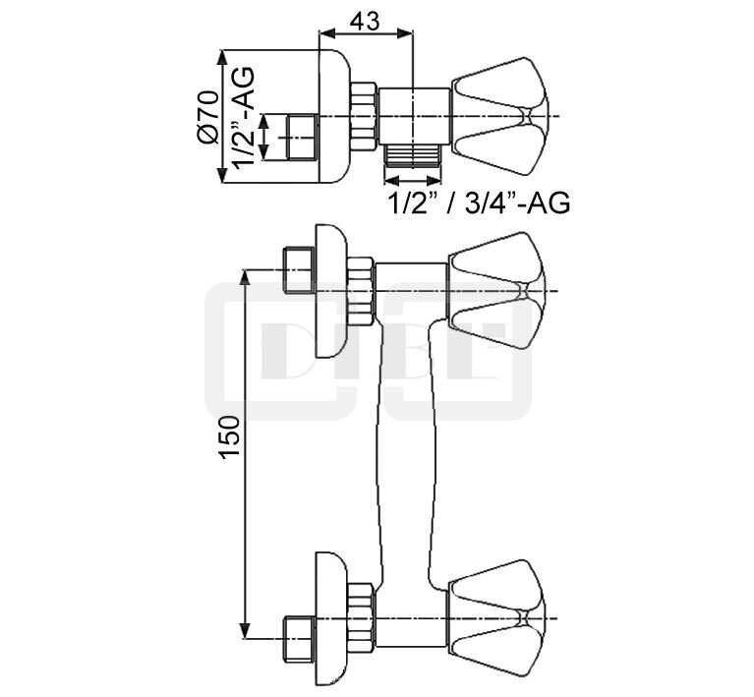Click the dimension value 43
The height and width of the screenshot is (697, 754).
point(365,22)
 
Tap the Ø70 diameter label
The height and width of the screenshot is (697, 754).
point(208,116)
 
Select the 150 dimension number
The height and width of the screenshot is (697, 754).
point(230,436)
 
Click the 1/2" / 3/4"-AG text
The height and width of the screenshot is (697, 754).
point(479,203)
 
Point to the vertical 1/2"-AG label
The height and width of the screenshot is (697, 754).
point(244,117)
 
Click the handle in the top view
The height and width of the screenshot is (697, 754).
point(499,116)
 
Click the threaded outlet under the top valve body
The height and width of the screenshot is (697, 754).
point(413,156)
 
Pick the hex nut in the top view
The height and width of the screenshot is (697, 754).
point(364,116)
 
